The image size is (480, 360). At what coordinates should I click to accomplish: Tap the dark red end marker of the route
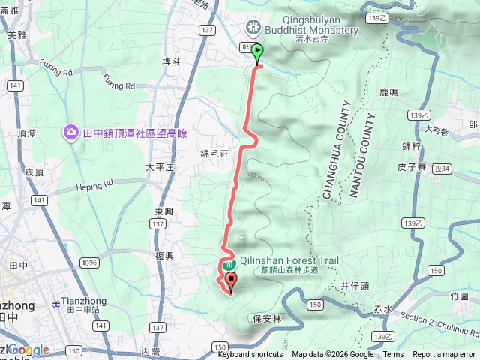click(230, 283)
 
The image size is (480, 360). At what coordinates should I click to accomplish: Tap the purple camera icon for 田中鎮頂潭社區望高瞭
click(70, 132)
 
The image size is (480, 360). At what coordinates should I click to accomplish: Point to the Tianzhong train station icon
click(56, 304)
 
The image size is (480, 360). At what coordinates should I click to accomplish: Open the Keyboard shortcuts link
click(250, 355)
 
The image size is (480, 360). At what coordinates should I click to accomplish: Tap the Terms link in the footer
click(393, 355)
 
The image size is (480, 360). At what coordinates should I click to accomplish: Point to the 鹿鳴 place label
click(388, 92)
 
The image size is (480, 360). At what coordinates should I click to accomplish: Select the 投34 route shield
click(441, 169)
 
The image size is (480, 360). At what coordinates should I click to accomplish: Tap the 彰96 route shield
click(90, 262)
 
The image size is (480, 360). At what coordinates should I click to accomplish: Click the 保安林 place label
click(266, 318)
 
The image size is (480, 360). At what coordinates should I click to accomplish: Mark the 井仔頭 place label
click(354, 285)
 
